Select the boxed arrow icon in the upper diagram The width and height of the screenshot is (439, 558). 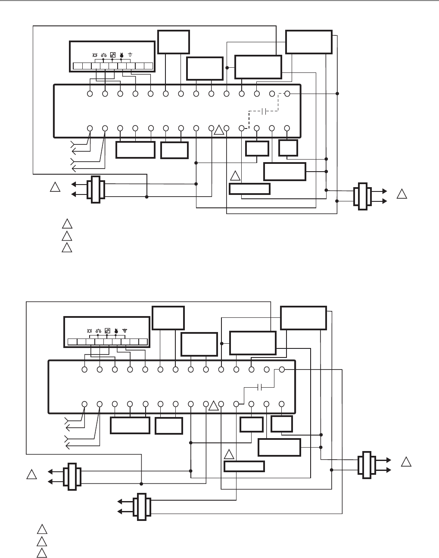click(113, 55)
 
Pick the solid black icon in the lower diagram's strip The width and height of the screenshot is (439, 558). click(116, 331)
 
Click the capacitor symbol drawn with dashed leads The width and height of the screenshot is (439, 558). click(264, 111)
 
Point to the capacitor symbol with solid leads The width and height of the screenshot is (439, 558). click(259, 387)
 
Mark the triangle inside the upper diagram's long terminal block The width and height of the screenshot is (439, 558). click(219, 129)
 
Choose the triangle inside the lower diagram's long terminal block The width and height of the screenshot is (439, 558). click(214, 405)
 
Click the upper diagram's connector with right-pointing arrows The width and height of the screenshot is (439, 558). click(362, 197)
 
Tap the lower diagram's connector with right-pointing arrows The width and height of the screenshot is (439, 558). click(367, 465)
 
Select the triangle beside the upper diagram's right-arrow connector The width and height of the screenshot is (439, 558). click(402, 194)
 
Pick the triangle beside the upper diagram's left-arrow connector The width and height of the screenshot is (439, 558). click(54, 188)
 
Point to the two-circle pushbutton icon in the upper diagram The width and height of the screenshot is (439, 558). click(104, 55)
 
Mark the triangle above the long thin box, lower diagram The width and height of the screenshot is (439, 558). click(229, 454)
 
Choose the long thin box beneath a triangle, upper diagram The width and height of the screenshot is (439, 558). click(249, 189)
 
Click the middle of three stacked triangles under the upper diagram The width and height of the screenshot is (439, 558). click(66, 235)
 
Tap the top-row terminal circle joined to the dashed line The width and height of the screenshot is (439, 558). click(287, 94)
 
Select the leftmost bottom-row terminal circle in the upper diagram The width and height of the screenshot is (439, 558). click(90, 129)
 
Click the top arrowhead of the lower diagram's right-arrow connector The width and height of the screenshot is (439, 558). click(387, 460)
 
